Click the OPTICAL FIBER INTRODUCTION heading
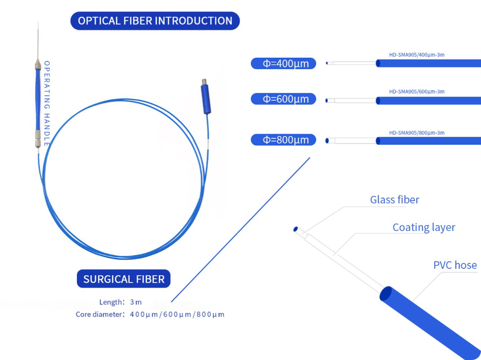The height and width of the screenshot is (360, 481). tap(155, 21)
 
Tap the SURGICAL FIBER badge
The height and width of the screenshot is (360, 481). tap(124, 279)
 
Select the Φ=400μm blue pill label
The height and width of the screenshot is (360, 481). tap(283, 64)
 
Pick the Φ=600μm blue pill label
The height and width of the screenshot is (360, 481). tap(283, 99)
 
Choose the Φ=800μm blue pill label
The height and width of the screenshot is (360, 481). tap(283, 140)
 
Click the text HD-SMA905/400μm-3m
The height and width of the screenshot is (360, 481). tap(416, 55)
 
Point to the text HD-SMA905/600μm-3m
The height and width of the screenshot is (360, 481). tap(416, 92)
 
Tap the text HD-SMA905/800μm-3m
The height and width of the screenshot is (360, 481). tap(416, 133)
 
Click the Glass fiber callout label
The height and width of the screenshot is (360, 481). tap(394, 200)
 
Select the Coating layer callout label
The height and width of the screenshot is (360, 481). tap(423, 227)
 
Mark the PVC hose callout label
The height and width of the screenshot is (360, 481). tap(454, 265)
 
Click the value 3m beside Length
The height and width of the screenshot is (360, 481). tap(136, 302)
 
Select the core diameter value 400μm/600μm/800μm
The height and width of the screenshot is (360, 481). tap(177, 314)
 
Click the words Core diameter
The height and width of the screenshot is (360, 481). tap(99, 314)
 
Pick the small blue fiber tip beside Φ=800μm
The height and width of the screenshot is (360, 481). tap(328, 141)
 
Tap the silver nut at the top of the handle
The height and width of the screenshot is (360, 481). tap(38, 65)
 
